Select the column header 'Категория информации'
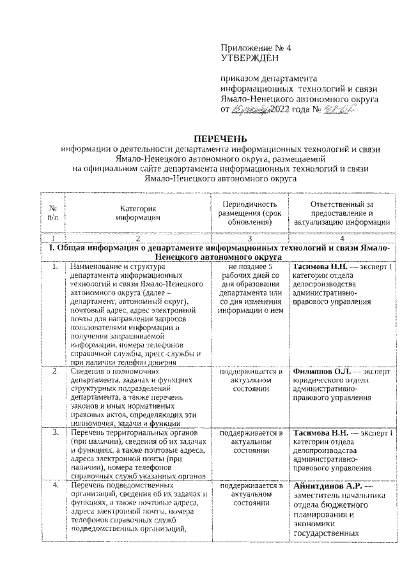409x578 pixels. [138, 212]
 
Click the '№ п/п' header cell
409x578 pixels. [53, 212]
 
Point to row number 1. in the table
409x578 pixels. [56, 266]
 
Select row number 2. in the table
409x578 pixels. [56, 371]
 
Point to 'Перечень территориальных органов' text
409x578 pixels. [133, 433]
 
